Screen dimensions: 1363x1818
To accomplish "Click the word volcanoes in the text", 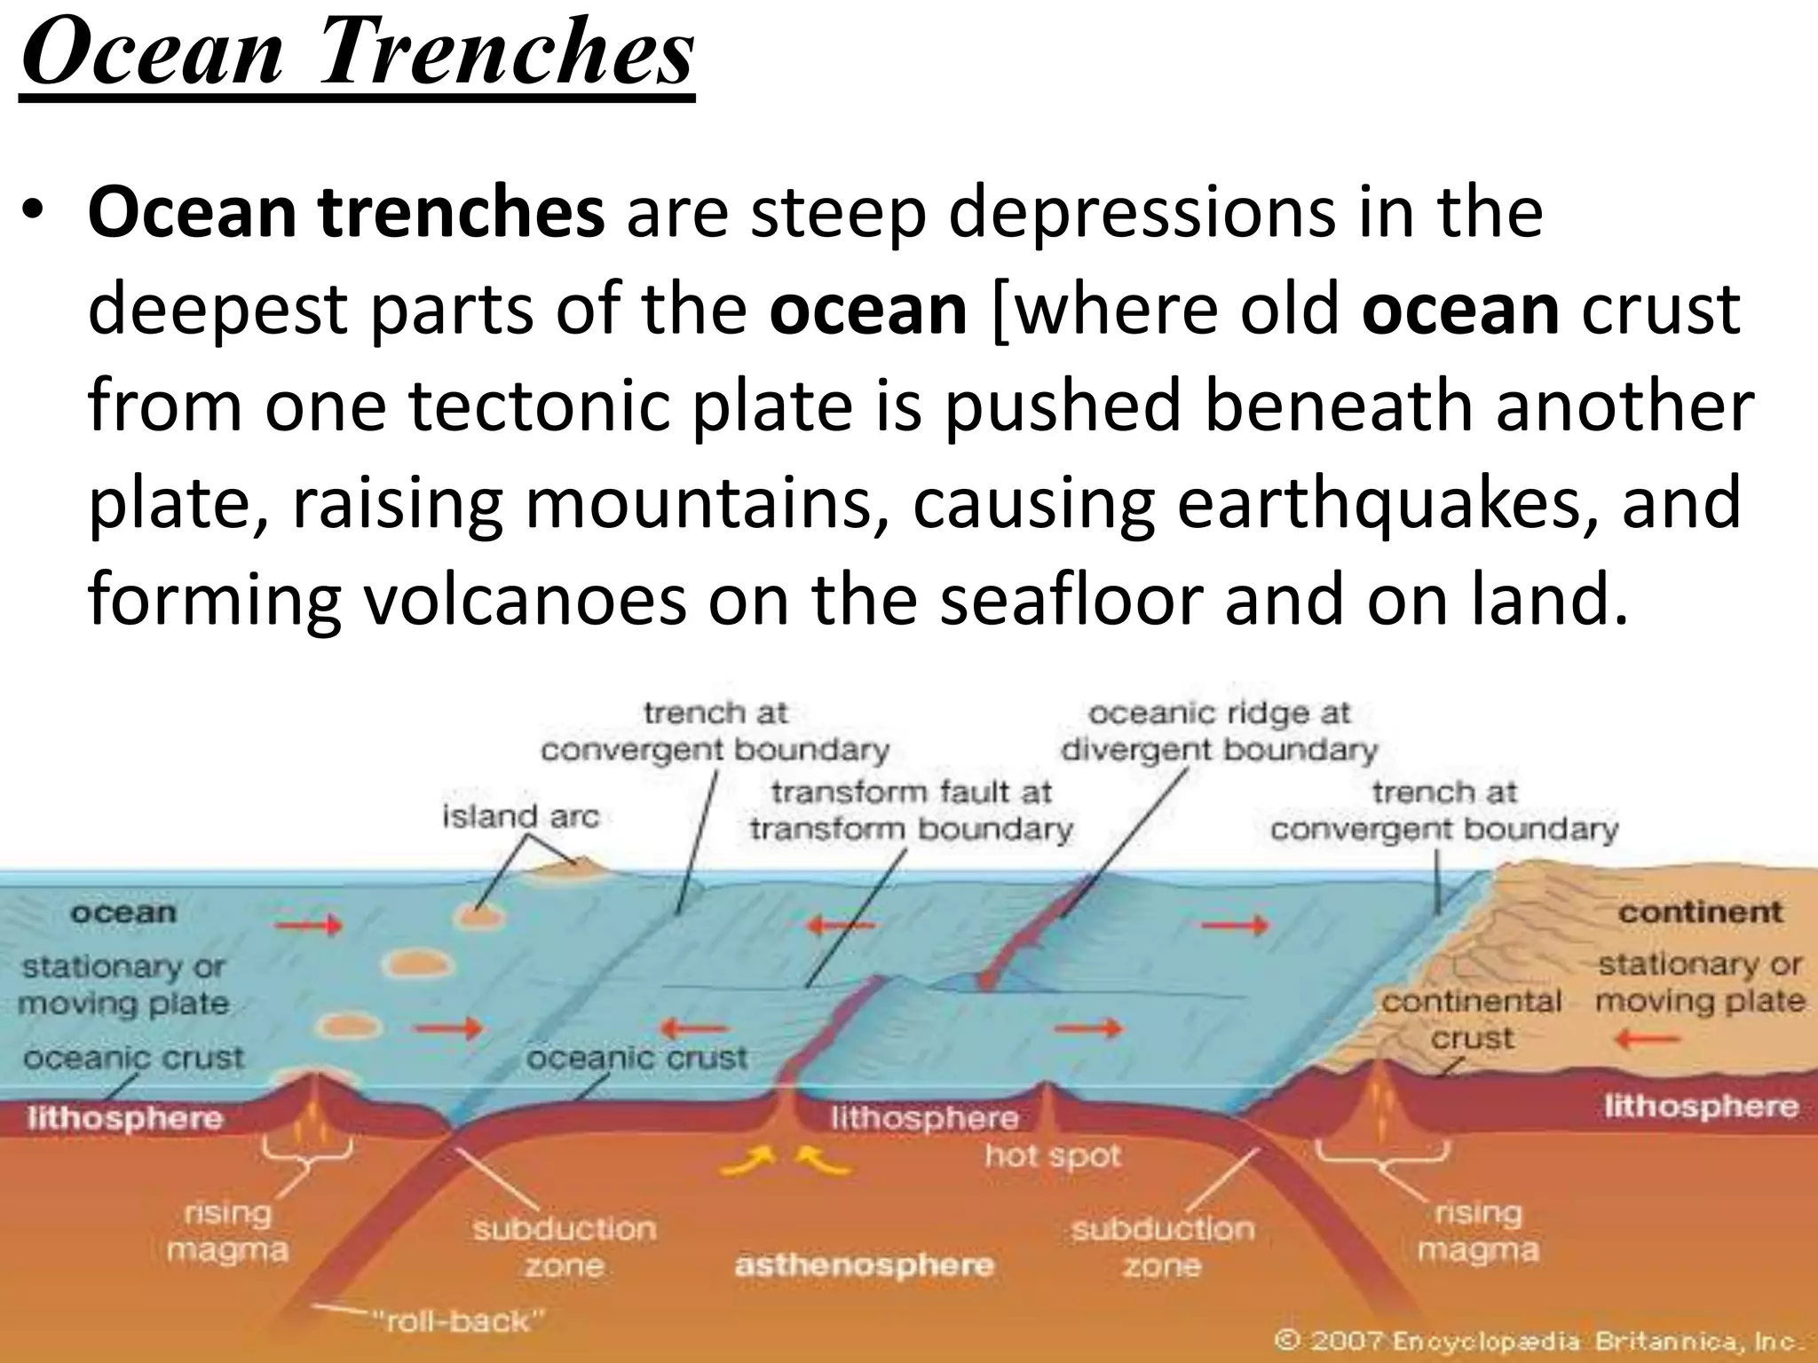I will point(525,600).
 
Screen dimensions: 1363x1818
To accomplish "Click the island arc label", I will point(521,816).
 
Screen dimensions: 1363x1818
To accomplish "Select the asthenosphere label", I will point(864,1265).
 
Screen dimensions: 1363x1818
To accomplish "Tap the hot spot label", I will point(1053,1156).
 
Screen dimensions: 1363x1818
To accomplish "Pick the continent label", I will point(1700,912).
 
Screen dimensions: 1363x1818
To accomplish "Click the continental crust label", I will point(1471,1020).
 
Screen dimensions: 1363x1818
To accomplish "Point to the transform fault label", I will point(911,810).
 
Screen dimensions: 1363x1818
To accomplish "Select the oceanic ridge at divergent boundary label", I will point(1219,732).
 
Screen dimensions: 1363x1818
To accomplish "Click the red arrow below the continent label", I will point(1648,1038).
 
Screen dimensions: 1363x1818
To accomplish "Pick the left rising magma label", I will point(227,1231).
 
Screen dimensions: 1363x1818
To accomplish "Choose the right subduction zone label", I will point(1162,1247).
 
